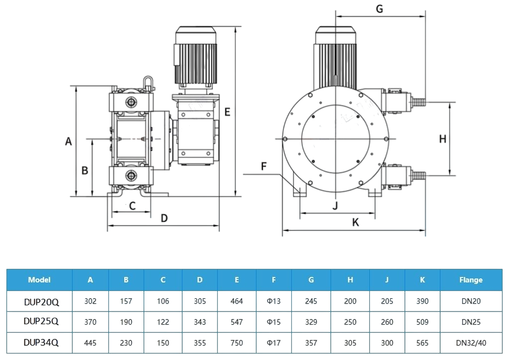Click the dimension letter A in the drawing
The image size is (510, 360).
[69, 141]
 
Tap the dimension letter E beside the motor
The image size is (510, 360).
[227, 112]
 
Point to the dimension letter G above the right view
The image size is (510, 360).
[379, 8]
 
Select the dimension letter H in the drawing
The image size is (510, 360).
[442, 139]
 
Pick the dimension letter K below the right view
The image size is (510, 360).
[355, 222]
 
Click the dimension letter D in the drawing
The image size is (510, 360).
[164, 218]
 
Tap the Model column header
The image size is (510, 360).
[39, 279]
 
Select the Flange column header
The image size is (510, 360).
[471, 279]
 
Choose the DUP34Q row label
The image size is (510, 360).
[41, 342]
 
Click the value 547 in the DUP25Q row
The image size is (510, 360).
[237, 322]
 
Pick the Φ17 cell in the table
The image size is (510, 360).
[273, 343]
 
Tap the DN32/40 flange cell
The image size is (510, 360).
[471, 343]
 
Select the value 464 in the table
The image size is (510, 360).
[237, 301]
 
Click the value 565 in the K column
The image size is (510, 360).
[422, 343]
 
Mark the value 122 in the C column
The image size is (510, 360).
[163, 322]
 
